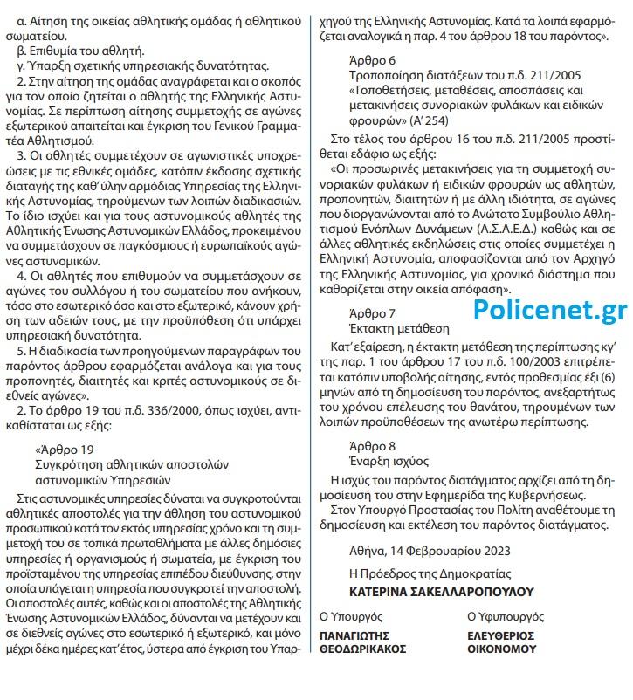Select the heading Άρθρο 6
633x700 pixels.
371,61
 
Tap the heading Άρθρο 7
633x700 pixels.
371,338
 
